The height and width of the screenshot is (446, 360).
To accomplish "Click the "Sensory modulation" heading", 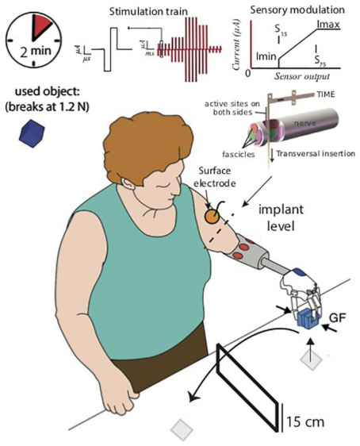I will (x=297, y=10).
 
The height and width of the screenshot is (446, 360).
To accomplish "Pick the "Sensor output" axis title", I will (x=302, y=82).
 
